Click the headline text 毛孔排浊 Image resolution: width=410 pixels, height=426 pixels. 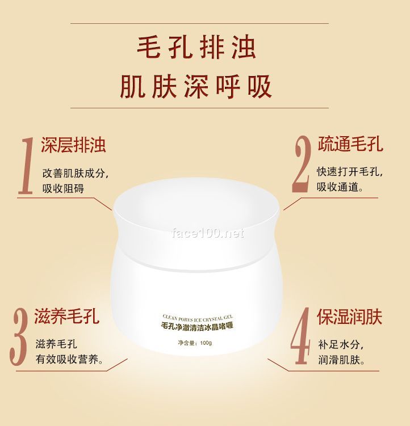pyautogui.click(x=196, y=48)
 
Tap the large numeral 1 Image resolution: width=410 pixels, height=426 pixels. pyautogui.click(x=26, y=166)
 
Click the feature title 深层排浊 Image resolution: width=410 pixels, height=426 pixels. pyautogui.click(x=73, y=145)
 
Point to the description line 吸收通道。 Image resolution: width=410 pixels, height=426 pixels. pyautogui.click(x=341, y=187)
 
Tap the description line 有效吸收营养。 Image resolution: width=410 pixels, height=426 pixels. pyautogui.click(x=70, y=360)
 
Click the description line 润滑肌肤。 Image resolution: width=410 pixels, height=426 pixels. pyautogui.click(x=341, y=360)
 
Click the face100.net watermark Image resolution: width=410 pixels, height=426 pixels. pyautogui.click(x=207, y=233)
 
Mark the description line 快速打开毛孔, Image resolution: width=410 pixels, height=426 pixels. pyautogui.click(x=350, y=172)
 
